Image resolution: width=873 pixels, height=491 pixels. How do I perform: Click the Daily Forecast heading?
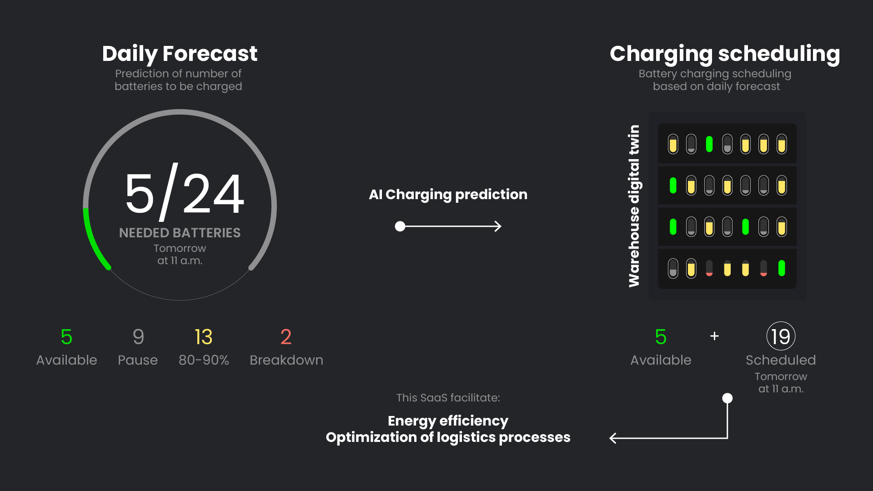[x=180, y=54]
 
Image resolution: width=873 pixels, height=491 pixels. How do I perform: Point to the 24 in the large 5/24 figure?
[x=213, y=194]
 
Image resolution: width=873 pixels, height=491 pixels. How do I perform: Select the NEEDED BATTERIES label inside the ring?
[x=180, y=233]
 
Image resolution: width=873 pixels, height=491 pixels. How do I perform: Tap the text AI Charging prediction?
[x=448, y=195]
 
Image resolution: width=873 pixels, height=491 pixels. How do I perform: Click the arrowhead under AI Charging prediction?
[x=498, y=226]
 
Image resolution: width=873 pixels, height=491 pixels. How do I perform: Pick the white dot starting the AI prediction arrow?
[x=400, y=226]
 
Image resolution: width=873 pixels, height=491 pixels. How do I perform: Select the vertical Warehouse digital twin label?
[x=634, y=206]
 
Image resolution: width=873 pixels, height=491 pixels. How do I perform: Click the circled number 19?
[x=781, y=336]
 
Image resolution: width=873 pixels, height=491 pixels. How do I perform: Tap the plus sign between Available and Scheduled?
[x=714, y=336]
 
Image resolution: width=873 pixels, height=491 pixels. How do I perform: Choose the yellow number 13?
[x=203, y=337]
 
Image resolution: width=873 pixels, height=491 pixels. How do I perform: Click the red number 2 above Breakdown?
[x=286, y=337]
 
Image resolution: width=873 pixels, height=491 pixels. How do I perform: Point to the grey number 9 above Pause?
[x=138, y=337]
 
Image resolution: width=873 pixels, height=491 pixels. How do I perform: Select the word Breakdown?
[x=286, y=360]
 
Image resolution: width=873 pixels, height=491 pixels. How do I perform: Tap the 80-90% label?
[x=204, y=360]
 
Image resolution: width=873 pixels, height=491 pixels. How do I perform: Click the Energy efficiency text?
[x=448, y=421]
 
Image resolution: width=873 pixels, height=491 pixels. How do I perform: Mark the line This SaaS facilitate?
[x=448, y=398]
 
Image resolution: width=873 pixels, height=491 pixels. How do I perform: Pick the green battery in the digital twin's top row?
[x=709, y=144]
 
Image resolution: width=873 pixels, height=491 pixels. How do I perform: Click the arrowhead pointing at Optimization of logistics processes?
[x=613, y=438]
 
